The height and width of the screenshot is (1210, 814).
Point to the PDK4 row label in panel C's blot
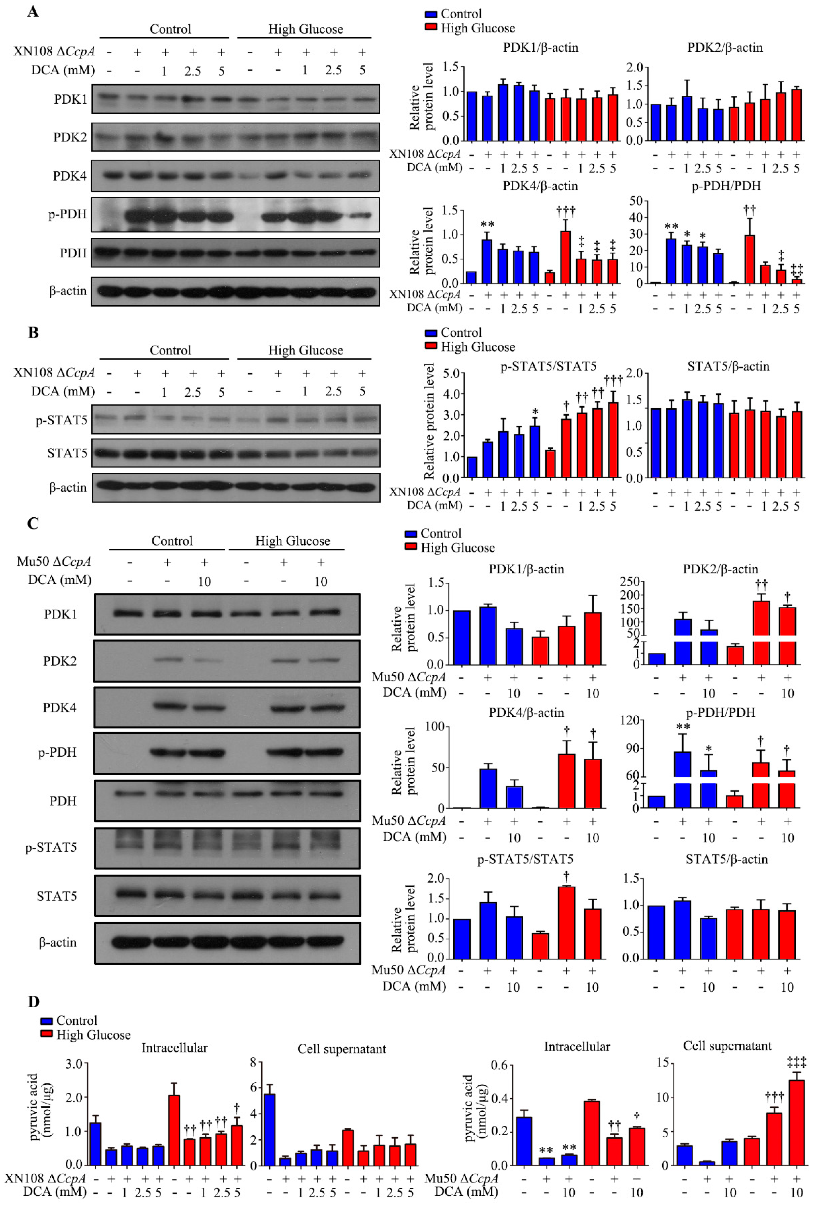click(x=60, y=707)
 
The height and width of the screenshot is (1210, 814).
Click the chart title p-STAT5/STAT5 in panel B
click(x=548, y=367)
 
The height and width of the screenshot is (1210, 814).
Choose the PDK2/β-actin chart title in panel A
click(x=725, y=48)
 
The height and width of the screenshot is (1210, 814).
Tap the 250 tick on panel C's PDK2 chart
click(x=630, y=582)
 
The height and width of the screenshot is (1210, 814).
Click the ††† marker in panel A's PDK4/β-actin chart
click(x=565, y=211)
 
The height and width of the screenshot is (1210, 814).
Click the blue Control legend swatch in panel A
click(x=431, y=14)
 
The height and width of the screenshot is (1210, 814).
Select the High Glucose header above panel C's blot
click(x=292, y=541)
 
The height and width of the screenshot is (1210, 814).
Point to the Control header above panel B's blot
click(x=170, y=351)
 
